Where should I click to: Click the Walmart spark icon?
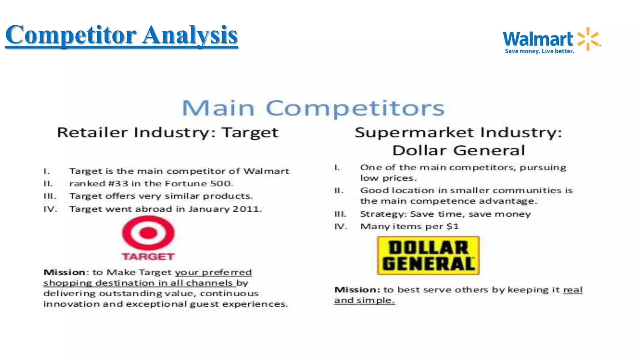point(588,39)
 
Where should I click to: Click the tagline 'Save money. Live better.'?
point(539,51)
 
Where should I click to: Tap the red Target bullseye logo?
point(148,233)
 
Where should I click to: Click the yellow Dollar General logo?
point(428,256)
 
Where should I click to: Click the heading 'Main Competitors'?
point(313,108)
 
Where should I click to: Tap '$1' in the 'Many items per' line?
point(452,226)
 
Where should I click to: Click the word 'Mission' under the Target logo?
point(64,272)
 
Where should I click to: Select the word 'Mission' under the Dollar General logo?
point(356,290)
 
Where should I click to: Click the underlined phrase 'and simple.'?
point(364,300)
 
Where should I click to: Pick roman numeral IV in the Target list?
point(50,209)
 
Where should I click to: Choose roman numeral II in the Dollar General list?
point(339,191)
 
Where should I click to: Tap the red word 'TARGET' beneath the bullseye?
point(148,257)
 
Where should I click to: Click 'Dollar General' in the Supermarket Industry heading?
point(458,150)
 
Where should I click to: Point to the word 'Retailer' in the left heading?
point(92,132)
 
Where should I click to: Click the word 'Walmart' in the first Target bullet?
point(266,171)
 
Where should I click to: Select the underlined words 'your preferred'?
point(213,272)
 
